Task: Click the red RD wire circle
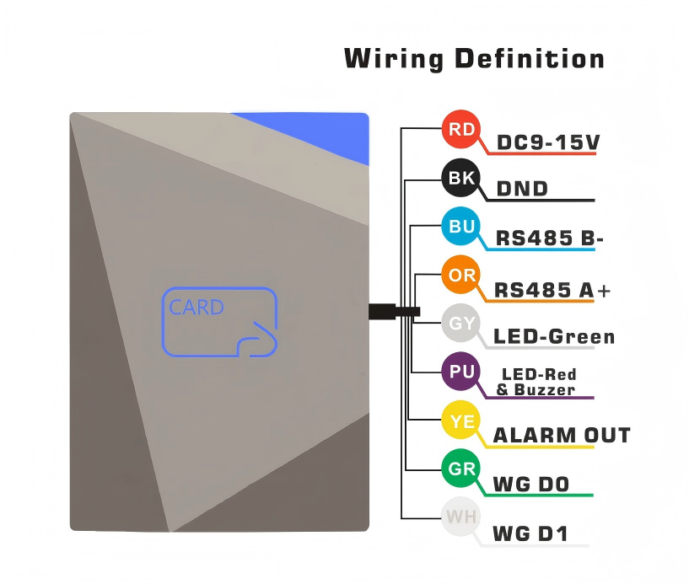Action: [x=461, y=130]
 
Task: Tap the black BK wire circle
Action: [x=461, y=178]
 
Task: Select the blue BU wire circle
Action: [x=461, y=227]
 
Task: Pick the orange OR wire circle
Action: [x=461, y=276]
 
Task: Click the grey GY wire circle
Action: [x=461, y=324]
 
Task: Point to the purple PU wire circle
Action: [x=461, y=372]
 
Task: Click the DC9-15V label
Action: [x=547, y=142]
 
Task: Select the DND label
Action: [x=522, y=189]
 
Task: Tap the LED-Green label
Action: [x=554, y=337]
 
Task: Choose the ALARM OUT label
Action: [x=562, y=435]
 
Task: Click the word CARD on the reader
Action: [x=196, y=307]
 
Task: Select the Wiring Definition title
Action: [x=474, y=60]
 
